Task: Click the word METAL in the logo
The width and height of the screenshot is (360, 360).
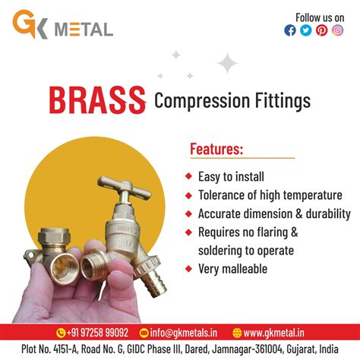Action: (x=84, y=29)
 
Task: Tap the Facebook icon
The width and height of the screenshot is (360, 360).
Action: (x=289, y=30)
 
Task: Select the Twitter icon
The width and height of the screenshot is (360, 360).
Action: (x=305, y=30)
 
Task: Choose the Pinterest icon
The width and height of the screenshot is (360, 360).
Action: (x=321, y=30)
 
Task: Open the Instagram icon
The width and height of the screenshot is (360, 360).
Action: (x=337, y=30)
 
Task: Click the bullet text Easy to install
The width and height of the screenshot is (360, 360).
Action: (x=231, y=177)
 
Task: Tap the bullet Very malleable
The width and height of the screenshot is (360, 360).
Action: (x=232, y=268)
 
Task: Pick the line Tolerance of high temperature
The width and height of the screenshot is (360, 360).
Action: (x=270, y=195)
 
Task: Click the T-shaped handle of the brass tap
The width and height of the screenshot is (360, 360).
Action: (x=122, y=185)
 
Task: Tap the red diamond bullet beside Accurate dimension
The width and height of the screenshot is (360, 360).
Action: (x=188, y=214)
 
